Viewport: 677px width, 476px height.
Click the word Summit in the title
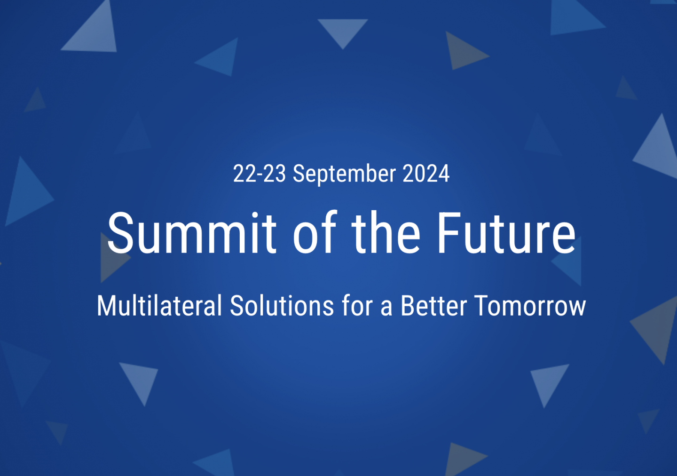tap(192, 232)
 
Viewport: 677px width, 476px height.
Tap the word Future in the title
tap(506, 232)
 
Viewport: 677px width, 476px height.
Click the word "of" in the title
tap(315, 232)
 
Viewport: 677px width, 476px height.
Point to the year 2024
tap(426, 174)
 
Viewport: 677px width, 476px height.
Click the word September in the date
tap(344, 175)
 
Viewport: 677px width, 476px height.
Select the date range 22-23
tap(260, 174)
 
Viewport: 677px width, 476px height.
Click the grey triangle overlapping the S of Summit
tap(112, 258)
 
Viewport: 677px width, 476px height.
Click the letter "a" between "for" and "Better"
tap(387, 309)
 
